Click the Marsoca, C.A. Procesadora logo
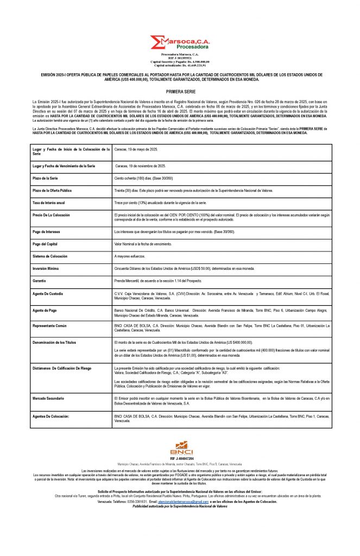(180, 43)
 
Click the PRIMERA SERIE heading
(180, 93)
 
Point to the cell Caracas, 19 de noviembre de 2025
(141, 165)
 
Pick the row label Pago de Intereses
(47, 231)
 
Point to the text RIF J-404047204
(181, 459)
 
